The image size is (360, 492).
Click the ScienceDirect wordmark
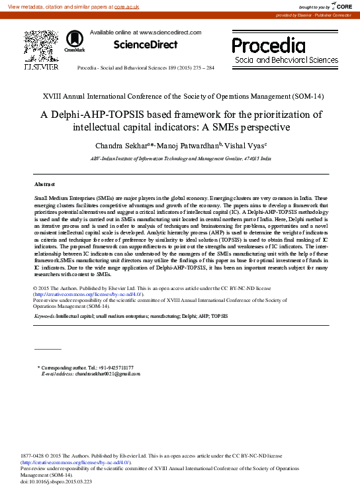point(146,45)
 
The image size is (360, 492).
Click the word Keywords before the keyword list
point(44,317)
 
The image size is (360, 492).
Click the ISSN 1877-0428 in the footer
point(34,456)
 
